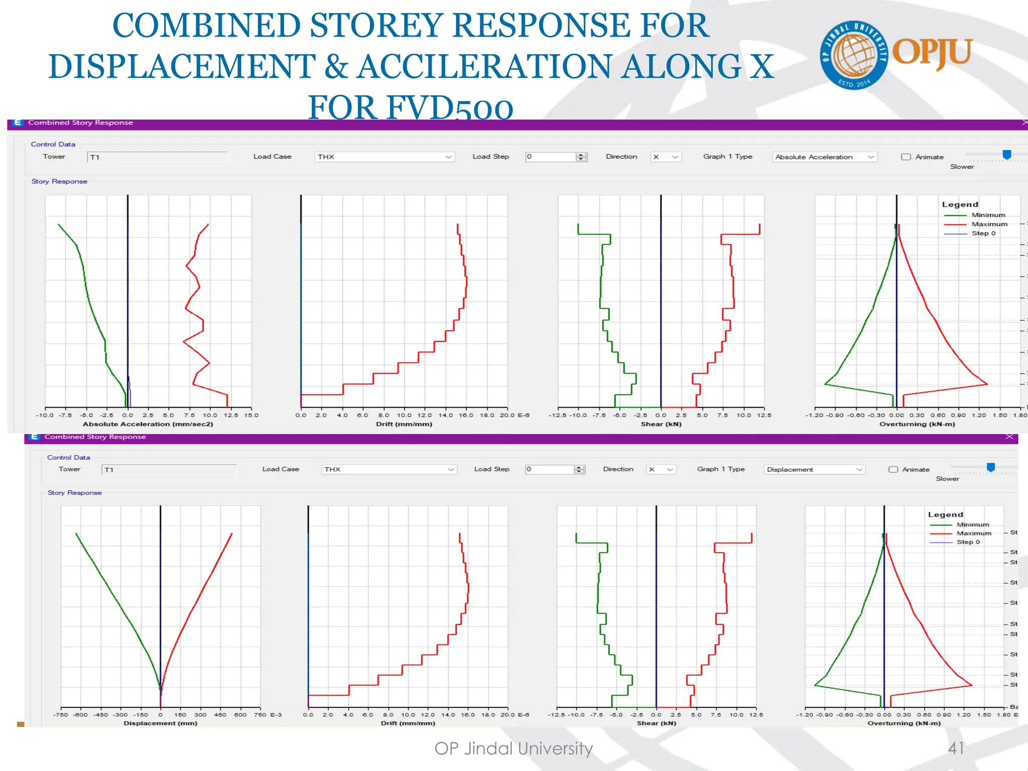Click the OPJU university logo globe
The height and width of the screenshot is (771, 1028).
point(853,55)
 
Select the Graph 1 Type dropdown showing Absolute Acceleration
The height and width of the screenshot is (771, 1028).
point(824,157)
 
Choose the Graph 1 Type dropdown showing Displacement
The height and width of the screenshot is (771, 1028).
point(814,469)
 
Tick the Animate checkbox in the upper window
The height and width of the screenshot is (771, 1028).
point(906,157)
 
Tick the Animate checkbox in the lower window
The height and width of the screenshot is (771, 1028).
point(893,469)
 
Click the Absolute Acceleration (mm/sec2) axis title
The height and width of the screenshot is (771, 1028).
point(148,424)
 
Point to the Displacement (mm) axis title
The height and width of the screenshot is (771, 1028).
point(161,723)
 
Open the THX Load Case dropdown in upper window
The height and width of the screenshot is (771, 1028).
point(384,157)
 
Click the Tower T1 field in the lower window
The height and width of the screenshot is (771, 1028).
point(169,469)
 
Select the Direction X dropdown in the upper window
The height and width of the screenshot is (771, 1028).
point(666,157)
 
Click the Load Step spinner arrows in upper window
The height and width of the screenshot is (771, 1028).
point(581,157)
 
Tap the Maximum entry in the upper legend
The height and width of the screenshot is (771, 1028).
point(989,224)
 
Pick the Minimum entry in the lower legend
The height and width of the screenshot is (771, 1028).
point(972,525)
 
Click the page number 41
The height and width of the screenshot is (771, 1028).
point(956,748)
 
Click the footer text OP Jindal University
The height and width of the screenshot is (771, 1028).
point(513,748)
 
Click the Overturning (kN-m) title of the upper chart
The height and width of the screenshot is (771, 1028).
point(917,424)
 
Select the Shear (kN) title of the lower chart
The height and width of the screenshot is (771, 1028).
point(657,723)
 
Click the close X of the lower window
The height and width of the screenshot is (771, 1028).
point(1009,437)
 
